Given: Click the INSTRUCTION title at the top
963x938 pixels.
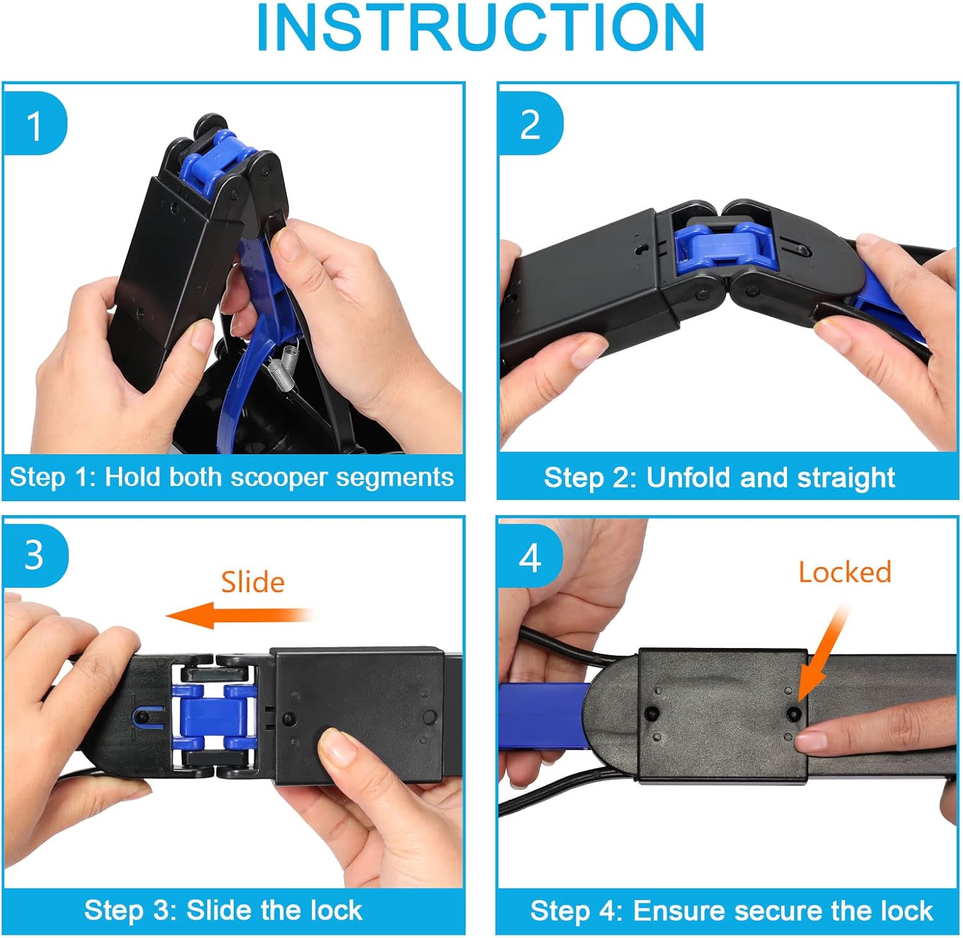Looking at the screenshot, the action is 480,28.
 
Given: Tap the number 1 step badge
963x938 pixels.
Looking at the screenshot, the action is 35,124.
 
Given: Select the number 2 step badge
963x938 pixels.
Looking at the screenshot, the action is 530,124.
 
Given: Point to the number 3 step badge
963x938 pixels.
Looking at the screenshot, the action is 35,555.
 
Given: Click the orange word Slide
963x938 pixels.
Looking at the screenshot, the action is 253,582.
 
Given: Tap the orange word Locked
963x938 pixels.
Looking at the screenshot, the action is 845,572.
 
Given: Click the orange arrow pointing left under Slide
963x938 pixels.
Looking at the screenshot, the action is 241,615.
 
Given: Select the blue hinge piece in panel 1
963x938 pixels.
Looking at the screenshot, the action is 208,162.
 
